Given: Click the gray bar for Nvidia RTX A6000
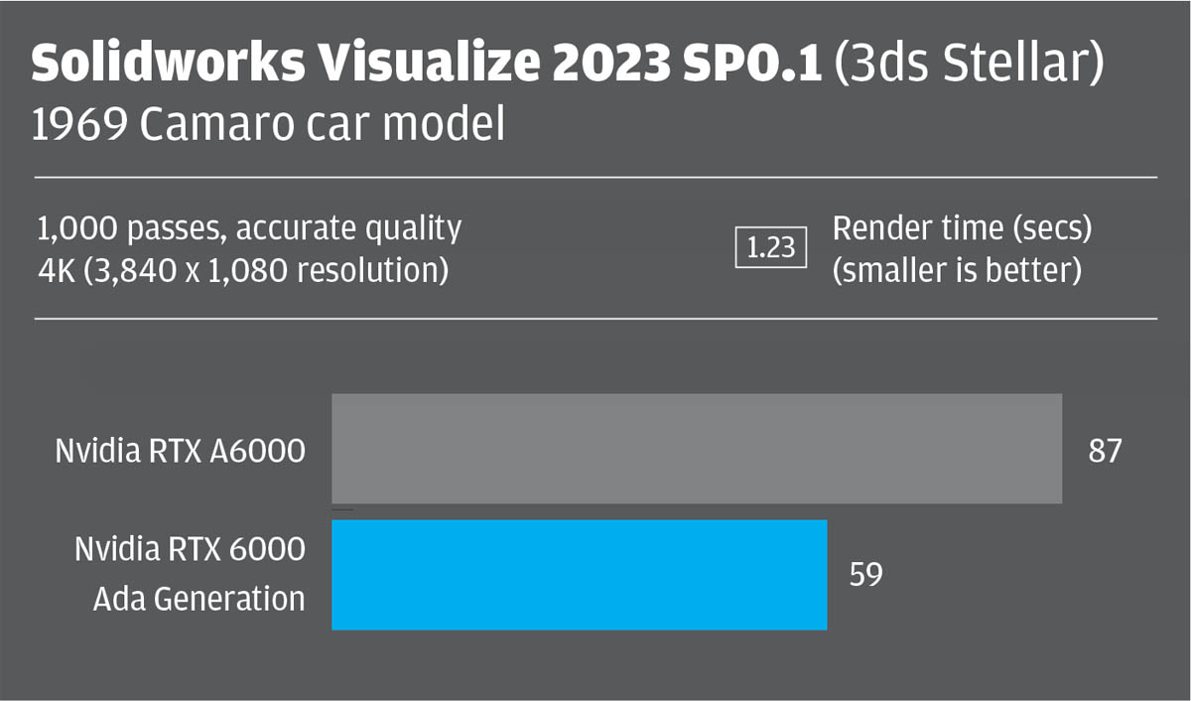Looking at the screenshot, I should [696, 449].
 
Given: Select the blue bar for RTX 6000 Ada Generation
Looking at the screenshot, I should [579, 575].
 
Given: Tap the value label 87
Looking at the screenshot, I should [1105, 451].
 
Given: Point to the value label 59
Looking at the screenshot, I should [865, 575].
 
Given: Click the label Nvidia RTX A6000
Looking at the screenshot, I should [180, 452].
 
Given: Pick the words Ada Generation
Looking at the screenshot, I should [198, 599].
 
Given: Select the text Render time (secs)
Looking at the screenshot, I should [961, 228].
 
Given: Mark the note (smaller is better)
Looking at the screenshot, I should [956, 270].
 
